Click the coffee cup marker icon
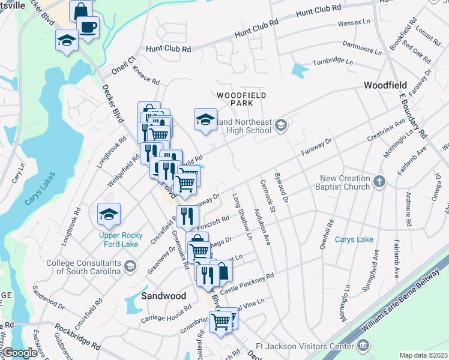[88, 27]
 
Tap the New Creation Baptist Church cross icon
[379, 181]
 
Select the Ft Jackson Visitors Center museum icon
[363, 345]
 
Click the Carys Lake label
[354, 239]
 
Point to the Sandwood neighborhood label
[163, 296]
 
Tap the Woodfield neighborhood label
[385, 86]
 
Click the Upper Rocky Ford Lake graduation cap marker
[109, 214]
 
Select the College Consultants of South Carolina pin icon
[129, 271]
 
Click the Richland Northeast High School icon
[280, 126]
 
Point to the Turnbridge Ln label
[333, 61]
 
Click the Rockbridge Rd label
[77, 337]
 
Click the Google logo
[20, 353]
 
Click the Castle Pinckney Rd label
[247, 283]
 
